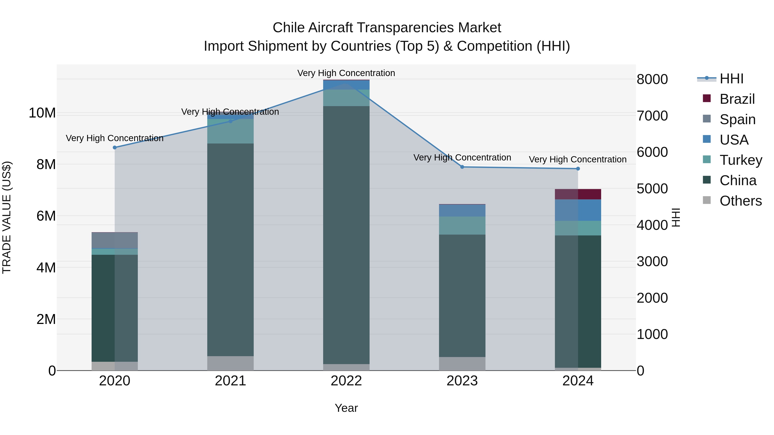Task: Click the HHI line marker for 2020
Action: tap(114, 147)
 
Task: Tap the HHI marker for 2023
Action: tap(462, 167)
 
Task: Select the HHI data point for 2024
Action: tap(578, 169)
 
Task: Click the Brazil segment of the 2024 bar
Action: tap(578, 194)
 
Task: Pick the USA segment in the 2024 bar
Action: tap(578, 210)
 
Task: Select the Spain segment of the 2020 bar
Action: tap(114, 240)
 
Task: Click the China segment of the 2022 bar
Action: tap(346, 234)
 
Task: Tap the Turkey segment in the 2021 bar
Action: tap(230, 131)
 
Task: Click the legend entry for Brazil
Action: tap(737, 99)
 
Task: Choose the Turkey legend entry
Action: tap(741, 160)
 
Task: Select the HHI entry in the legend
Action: tap(731, 79)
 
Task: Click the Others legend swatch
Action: tap(707, 200)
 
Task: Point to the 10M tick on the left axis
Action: tap(42, 113)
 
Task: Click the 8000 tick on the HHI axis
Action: tap(652, 79)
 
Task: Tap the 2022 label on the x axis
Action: tap(346, 381)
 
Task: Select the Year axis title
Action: tap(346, 408)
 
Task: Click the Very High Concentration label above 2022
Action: tap(346, 73)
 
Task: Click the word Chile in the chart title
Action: tap(289, 28)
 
